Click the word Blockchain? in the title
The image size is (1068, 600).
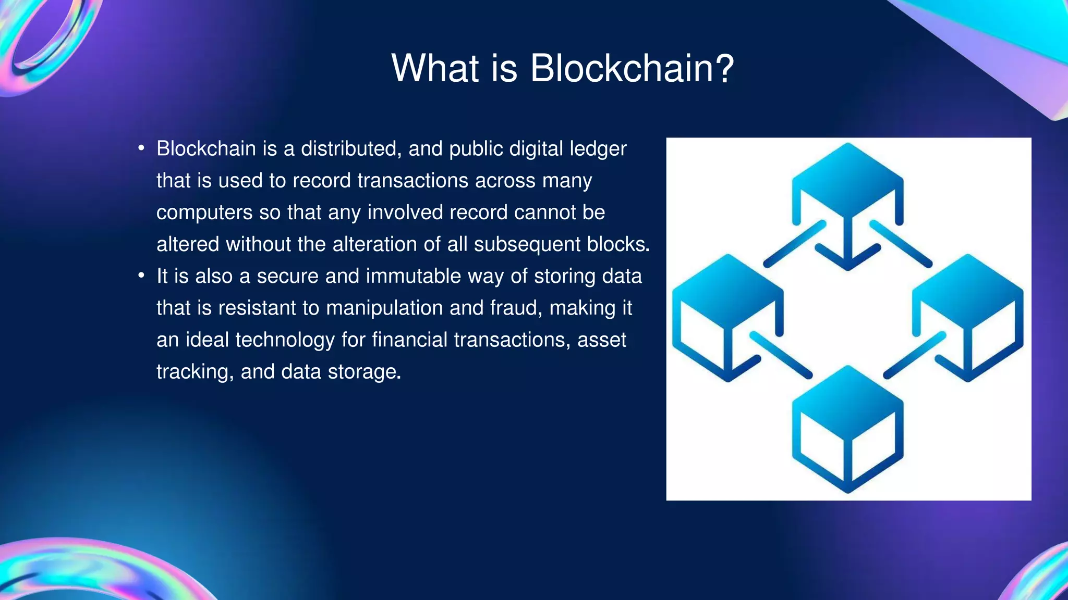pyautogui.click(x=632, y=68)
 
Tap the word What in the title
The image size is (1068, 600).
pyautogui.click(x=435, y=68)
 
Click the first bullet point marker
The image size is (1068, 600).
pyautogui.click(x=141, y=149)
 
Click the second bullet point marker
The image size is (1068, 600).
pyautogui.click(x=141, y=276)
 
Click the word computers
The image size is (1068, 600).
pyautogui.click(x=197, y=213)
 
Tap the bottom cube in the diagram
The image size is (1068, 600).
pyautogui.click(x=847, y=430)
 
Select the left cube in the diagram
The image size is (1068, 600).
pyautogui.click(x=727, y=318)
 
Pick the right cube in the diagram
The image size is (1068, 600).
pyautogui.click(x=967, y=318)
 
